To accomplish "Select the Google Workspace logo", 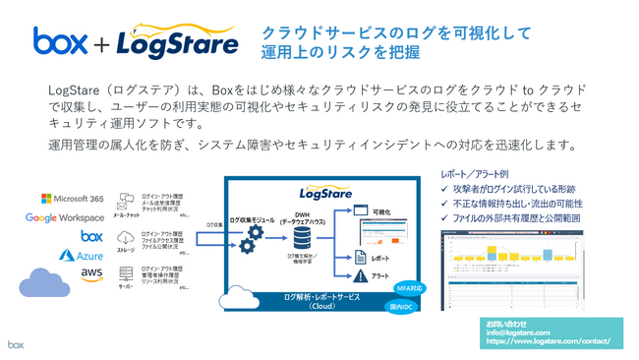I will pyautogui.click(x=65, y=217).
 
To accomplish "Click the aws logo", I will pyautogui.click(x=92, y=272).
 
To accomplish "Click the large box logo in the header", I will pyautogui.click(x=64, y=40).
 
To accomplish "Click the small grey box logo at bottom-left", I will pyautogui.click(x=16, y=345).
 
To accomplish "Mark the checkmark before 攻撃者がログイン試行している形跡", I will pyautogui.click(x=445, y=188).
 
